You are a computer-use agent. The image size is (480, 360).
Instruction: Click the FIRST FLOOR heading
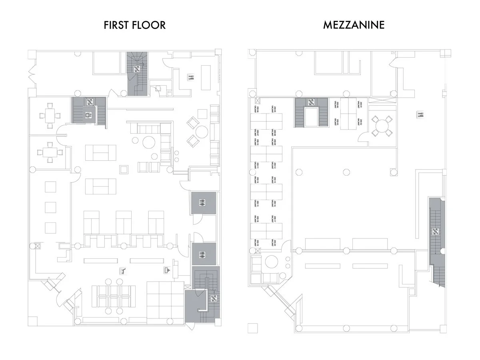134,25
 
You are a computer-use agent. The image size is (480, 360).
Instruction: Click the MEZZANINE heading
354,25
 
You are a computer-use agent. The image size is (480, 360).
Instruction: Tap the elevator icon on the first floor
88,116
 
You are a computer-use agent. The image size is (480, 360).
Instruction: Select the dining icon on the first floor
191,78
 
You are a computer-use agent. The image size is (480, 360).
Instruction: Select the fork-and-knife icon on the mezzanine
420,114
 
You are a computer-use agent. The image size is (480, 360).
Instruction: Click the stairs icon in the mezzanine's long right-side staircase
436,231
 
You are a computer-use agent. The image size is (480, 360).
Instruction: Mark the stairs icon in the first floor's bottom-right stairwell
213,298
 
